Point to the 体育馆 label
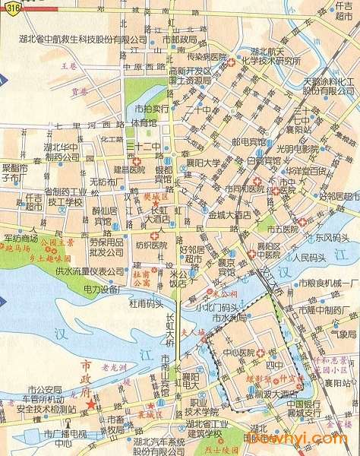(x=144, y=122)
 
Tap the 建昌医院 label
(x=128, y=169)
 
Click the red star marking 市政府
(x=92, y=404)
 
